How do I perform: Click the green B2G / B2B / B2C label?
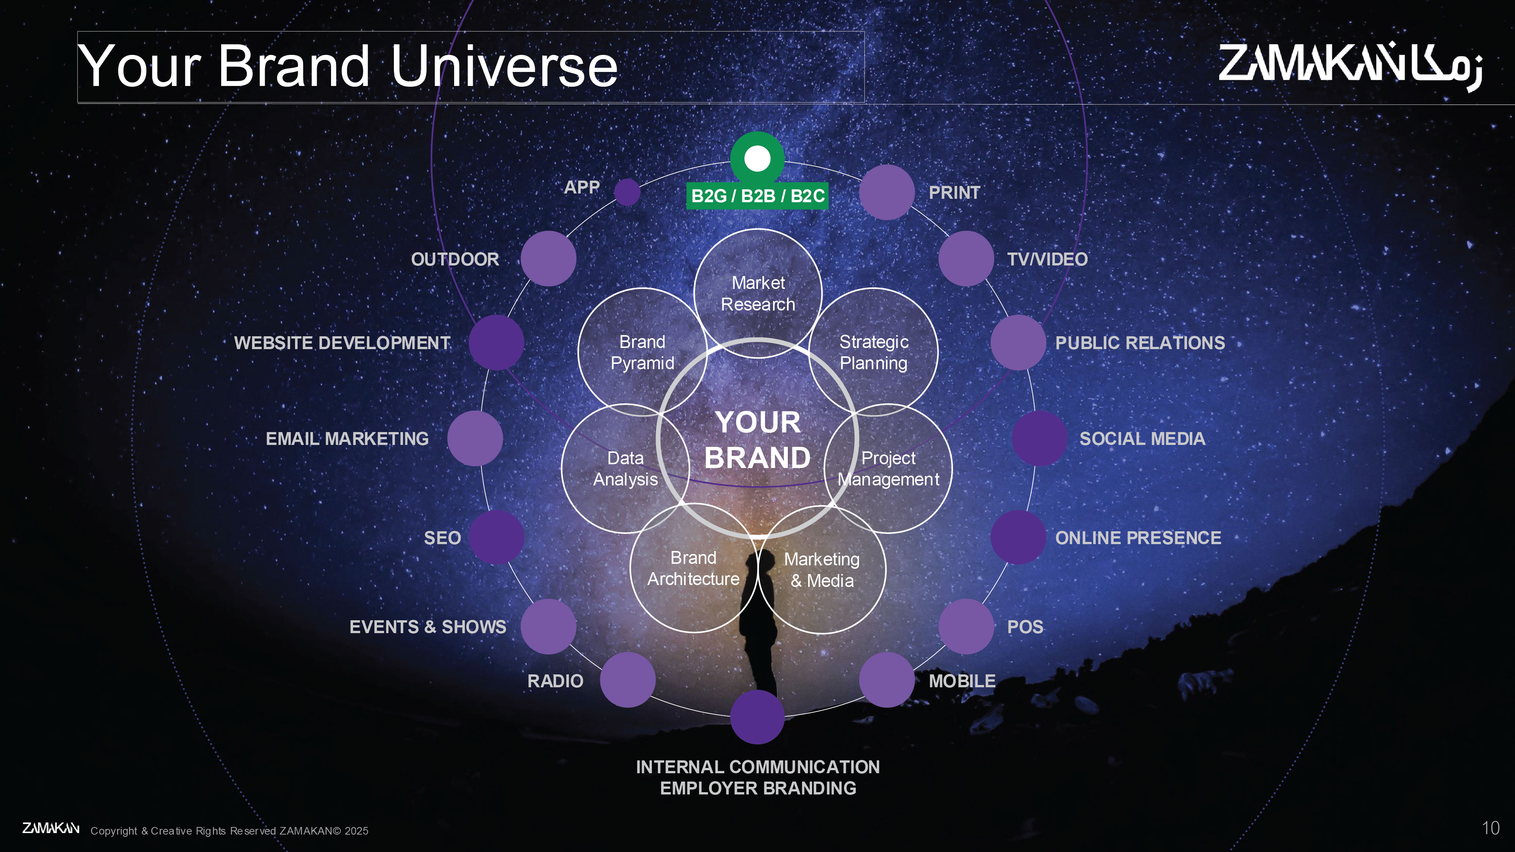(x=757, y=196)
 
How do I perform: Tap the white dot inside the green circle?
(x=757, y=158)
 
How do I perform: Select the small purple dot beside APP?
(x=627, y=192)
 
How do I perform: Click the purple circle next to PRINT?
(x=887, y=192)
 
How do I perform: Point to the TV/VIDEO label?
(x=1048, y=259)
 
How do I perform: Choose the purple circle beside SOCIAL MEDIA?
(x=1040, y=438)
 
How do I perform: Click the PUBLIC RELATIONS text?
(x=1140, y=343)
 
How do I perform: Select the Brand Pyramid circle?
(x=642, y=352)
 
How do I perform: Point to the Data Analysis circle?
(x=626, y=469)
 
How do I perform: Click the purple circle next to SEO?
(x=497, y=537)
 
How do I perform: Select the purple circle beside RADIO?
(x=628, y=680)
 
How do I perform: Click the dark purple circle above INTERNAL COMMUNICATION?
(x=757, y=717)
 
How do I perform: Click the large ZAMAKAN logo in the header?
(x=1350, y=66)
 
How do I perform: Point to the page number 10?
(x=1490, y=829)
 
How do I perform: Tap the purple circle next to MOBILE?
(x=887, y=680)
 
